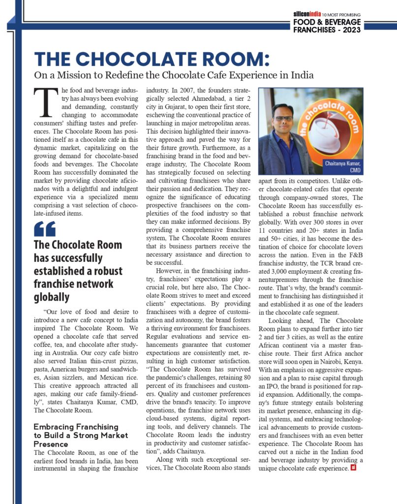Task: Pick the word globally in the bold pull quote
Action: coord(51,297)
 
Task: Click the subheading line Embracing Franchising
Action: coord(76,426)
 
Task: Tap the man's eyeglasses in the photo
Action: coord(284,118)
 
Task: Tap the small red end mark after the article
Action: coord(353,468)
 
